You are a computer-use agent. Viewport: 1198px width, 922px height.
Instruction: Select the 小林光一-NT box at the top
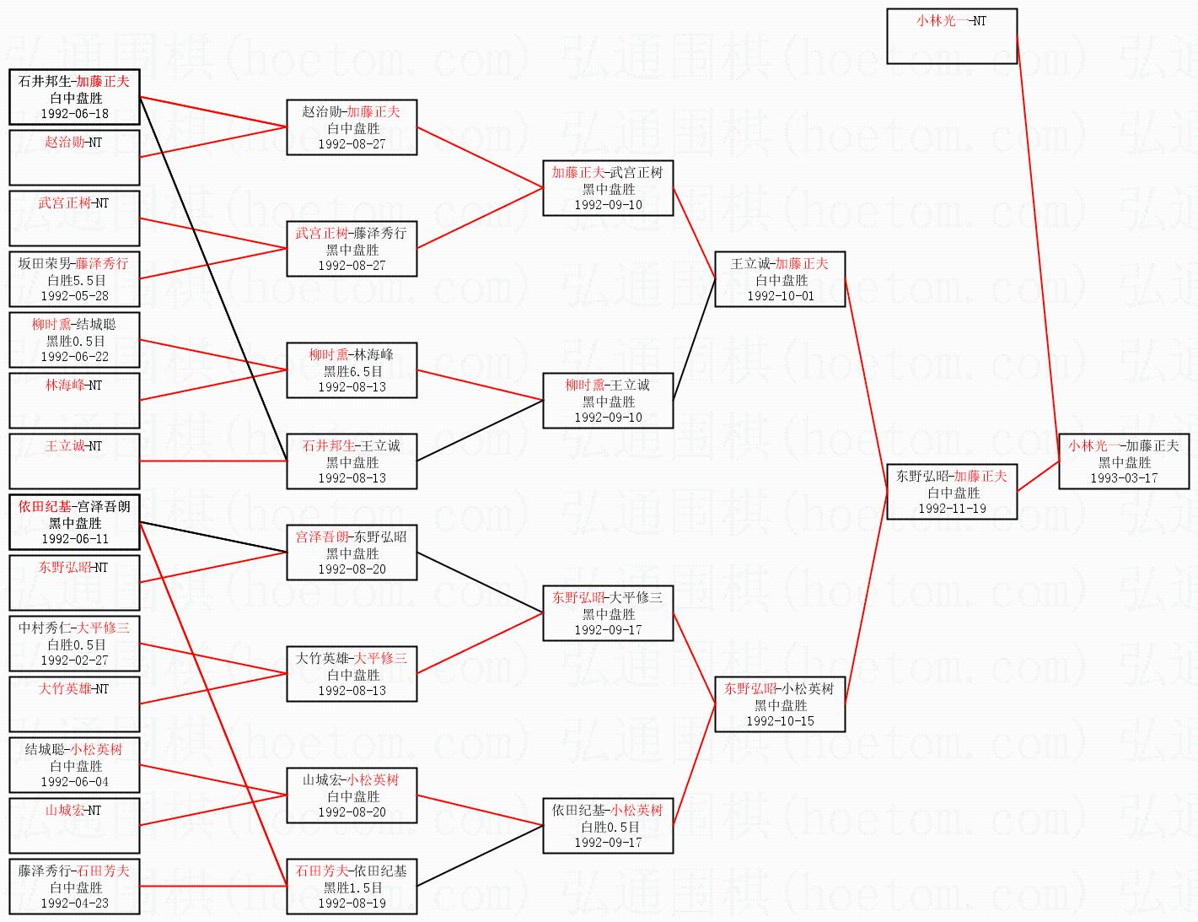[952, 35]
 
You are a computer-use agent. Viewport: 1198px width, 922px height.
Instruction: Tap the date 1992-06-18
[74, 114]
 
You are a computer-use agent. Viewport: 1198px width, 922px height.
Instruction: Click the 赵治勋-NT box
[74, 157]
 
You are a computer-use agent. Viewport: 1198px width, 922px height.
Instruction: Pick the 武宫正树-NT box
[74, 218]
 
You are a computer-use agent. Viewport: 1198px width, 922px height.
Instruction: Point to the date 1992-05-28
[74, 296]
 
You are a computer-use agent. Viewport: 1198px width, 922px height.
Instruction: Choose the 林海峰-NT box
[74, 400]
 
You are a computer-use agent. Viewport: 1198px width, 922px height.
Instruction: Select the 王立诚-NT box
[74, 461]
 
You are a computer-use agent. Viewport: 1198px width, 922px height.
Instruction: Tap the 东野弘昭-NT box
[74, 582]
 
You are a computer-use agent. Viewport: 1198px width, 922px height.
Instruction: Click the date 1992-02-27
[74, 660]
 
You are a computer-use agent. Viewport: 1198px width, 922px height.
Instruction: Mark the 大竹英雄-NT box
[74, 704]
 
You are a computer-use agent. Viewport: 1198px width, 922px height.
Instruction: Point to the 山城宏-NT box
[74, 825]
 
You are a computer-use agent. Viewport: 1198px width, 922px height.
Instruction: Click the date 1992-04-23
[74, 903]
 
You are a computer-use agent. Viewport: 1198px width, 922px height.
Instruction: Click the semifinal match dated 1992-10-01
[780, 279]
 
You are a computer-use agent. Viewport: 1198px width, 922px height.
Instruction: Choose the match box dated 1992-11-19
[952, 492]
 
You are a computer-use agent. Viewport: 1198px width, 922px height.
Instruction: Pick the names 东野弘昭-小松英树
[779, 688]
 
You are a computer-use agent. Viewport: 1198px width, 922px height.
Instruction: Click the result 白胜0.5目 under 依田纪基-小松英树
[609, 827]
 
